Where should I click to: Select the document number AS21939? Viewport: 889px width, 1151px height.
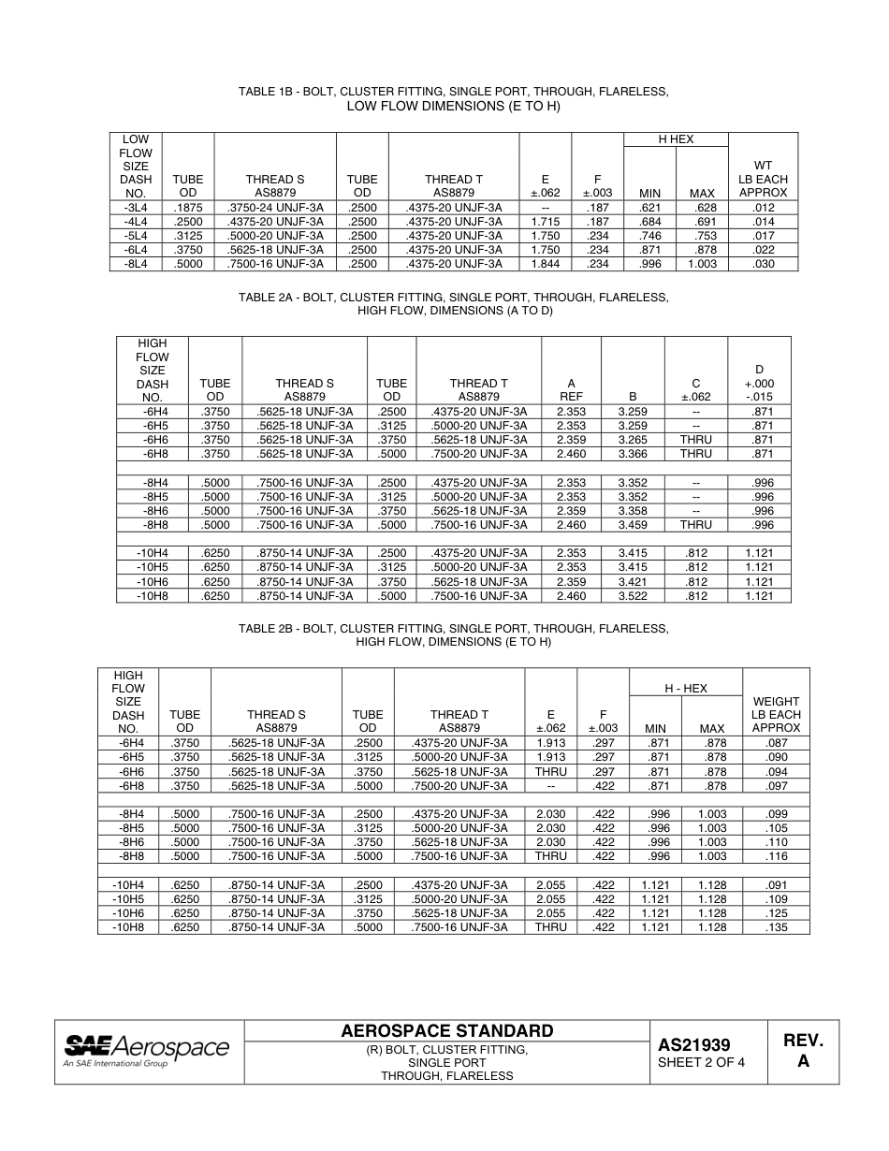(694, 1044)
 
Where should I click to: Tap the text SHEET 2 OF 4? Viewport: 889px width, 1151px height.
(701, 1063)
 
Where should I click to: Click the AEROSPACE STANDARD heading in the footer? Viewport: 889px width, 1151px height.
(447, 1031)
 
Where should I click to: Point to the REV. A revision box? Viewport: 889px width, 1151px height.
(803, 1051)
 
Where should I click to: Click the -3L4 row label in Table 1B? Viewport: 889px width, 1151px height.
(136, 207)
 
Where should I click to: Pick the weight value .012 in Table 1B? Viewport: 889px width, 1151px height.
(763, 207)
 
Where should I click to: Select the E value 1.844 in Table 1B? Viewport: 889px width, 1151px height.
(545, 264)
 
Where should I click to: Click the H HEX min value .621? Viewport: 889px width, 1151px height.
(649, 207)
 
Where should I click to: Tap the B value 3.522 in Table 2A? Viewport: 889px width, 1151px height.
(633, 596)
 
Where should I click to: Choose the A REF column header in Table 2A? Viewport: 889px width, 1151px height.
(571, 389)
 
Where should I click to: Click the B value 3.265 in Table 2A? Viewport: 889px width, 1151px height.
(633, 440)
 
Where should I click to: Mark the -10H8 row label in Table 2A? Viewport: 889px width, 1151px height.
(152, 596)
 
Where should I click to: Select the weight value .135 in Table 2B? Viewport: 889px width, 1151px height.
(776, 927)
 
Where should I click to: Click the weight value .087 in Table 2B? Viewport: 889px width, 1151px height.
(776, 742)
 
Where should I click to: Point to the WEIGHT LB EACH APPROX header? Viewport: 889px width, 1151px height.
(776, 714)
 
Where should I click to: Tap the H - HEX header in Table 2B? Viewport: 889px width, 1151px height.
(686, 688)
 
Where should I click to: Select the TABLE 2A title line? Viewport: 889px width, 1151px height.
(454, 297)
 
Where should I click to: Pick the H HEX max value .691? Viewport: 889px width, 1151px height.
(702, 221)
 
